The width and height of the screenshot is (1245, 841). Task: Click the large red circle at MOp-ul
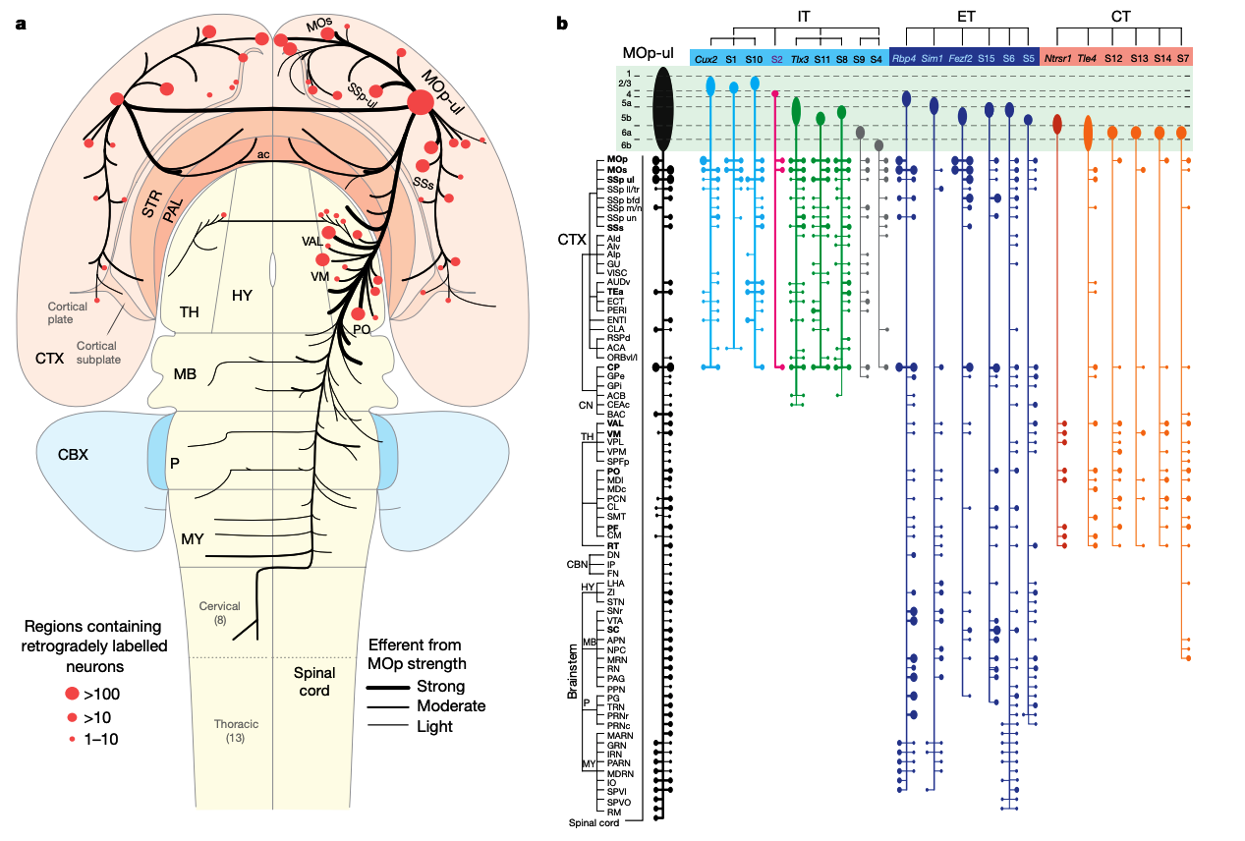click(422, 102)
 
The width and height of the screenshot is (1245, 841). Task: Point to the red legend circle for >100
click(72, 694)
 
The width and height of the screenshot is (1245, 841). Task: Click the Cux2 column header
click(705, 59)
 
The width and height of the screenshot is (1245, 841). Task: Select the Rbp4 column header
click(904, 59)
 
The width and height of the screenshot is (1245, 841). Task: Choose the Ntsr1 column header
click(1057, 59)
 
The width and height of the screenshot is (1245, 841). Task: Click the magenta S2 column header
click(776, 59)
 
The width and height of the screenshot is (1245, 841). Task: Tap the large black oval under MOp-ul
click(663, 109)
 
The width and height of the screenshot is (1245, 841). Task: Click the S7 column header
click(1182, 59)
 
